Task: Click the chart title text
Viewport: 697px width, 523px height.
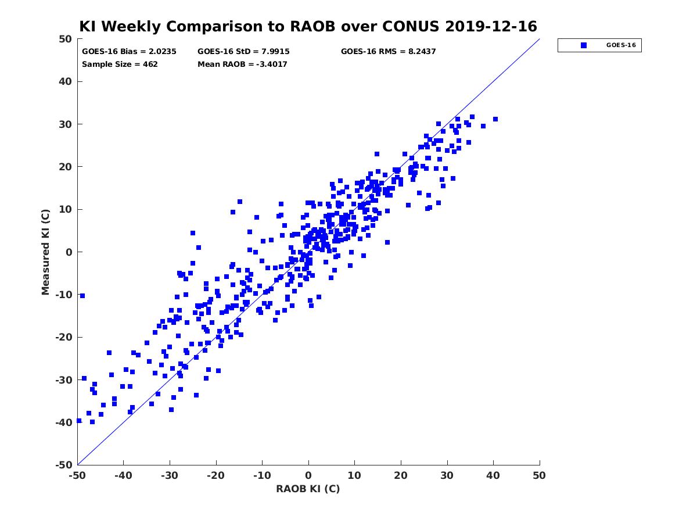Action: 308,27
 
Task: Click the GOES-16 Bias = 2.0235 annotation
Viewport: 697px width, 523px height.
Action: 129,52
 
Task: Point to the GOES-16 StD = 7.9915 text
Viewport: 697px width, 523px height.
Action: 243,52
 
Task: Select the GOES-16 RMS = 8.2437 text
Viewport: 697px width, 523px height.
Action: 388,52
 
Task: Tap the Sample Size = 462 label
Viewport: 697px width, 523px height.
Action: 120,65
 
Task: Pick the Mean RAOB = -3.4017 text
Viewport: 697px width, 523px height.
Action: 242,65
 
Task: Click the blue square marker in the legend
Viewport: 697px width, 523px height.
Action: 583,45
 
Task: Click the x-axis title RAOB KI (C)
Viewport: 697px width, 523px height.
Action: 308,488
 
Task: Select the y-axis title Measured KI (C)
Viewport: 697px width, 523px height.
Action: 45,252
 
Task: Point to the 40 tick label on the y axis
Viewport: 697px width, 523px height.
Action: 66,81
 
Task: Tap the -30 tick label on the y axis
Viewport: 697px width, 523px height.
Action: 64,380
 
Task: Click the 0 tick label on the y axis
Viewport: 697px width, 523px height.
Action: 69,252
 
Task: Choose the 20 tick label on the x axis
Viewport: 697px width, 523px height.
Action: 401,475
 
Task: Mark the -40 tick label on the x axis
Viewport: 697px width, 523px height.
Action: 123,475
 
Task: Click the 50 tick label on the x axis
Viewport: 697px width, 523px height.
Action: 539,475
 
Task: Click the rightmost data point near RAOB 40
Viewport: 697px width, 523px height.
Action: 495,119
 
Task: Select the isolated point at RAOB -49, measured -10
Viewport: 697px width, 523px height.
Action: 82,296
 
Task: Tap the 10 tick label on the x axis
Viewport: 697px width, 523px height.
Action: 354,475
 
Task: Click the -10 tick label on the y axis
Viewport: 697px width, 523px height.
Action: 64,295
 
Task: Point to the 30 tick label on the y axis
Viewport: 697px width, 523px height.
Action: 66,124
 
